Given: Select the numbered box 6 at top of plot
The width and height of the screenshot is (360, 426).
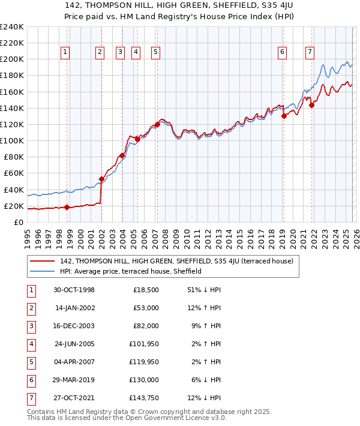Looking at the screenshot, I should pos(282,52).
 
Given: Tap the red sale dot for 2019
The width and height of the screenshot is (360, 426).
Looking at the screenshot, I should pos(284,116).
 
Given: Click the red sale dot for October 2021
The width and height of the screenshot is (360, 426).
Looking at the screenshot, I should pos(311,105).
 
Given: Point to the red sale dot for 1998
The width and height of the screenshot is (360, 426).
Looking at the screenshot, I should pos(67,207).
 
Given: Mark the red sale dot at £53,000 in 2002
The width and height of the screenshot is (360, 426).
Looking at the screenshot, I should pos(101,179).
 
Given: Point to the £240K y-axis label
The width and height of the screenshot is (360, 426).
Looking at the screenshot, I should pos(12,27).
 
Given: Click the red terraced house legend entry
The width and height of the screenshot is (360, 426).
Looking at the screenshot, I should pos(176,261).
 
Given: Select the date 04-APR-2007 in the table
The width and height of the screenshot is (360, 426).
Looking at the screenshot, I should pos(74,362).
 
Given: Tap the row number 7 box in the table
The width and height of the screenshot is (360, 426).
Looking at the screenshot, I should pos(31,398).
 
